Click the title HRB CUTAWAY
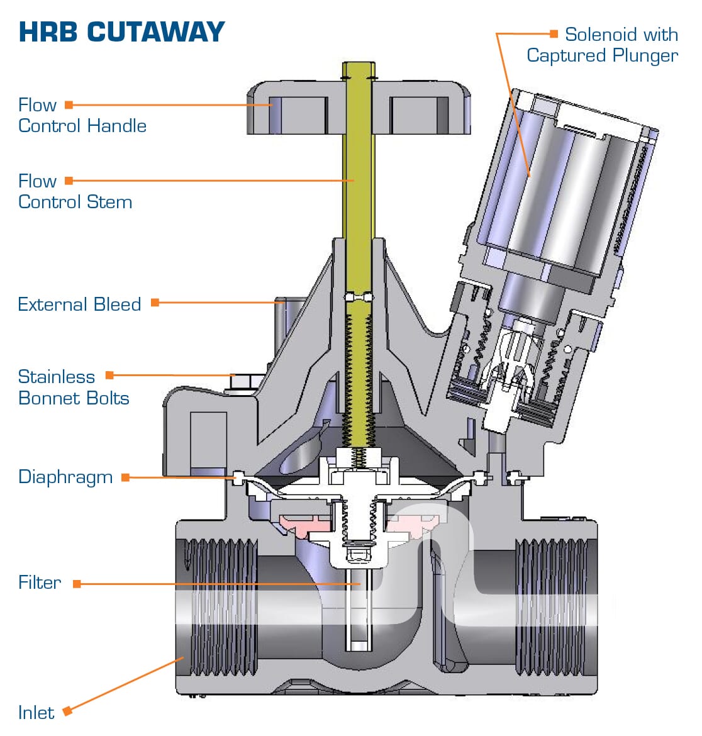point(121,32)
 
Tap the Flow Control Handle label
point(82,115)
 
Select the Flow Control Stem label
point(75,191)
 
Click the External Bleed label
point(79,304)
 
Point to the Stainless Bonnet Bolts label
point(73,388)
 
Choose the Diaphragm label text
point(65,477)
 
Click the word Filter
point(40,583)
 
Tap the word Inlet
point(36,713)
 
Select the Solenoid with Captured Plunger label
point(603,45)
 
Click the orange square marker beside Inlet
point(67,711)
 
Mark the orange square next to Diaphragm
point(125,477)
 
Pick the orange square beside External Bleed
point(155,303)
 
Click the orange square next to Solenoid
point(554,33)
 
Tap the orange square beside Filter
point(77,584)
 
